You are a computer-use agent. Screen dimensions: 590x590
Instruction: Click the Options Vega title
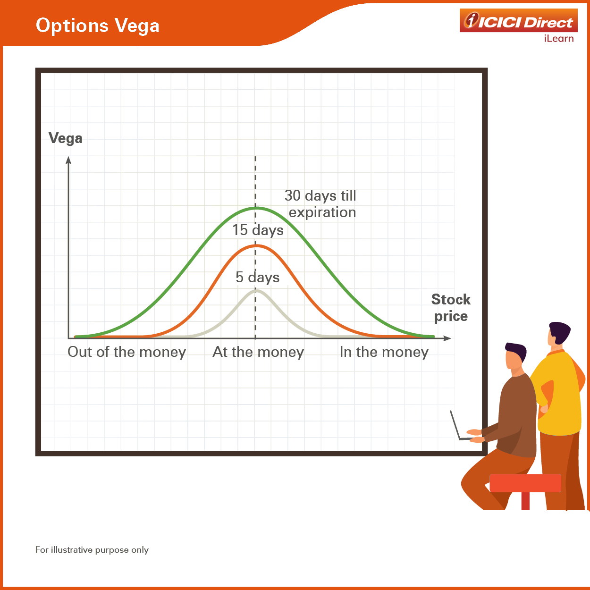pos(97,25)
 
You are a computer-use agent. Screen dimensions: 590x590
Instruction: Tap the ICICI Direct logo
pos(518,20)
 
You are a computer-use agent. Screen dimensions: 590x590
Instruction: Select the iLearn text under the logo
pos(559,39)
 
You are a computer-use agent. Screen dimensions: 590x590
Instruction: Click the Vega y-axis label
pos(66,138)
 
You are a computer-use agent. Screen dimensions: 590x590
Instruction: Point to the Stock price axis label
pos(451,307)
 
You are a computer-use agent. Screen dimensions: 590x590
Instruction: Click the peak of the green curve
pos(256,208)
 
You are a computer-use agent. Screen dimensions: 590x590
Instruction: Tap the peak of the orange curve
pos(256,245)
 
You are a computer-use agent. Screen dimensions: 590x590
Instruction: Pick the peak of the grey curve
pos(256,291)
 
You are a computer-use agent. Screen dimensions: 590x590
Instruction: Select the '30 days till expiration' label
pos(320,204)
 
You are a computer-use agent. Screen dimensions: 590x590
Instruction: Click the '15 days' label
pos(258,230)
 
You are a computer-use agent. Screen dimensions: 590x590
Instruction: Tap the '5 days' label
pos(258,278)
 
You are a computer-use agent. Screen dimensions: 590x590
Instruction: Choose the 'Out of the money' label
pos(127,352)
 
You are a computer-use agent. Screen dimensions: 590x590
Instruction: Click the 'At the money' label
pos(258,352)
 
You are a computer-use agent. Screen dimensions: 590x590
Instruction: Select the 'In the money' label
pos(384,352)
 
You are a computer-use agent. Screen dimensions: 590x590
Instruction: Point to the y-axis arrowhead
pos(68,160)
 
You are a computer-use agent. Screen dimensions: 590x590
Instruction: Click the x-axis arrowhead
pos(447,338)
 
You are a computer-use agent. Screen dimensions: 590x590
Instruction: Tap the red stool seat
pos(525,483)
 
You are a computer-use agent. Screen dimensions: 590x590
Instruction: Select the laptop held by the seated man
pos(459,426)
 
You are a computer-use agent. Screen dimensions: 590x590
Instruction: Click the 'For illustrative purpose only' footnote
pos(92,550)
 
